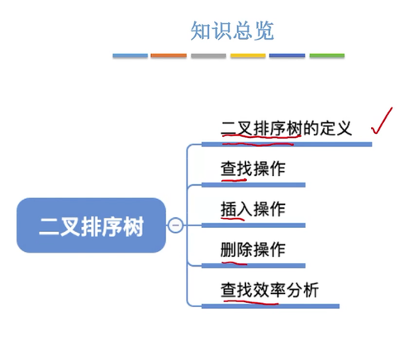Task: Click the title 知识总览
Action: [232, 31]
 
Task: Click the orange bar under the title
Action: [169, 55]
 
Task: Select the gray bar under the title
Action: [208, 55]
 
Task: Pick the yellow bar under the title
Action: [248, 55]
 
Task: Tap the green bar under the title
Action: [327, 55]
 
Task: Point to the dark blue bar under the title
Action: [287, 55]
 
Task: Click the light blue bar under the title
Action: [131, 55]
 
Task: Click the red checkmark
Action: [382, 121]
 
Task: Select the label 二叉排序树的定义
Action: [287, 128]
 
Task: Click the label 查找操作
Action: [253, 168]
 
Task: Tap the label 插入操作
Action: [253, 209]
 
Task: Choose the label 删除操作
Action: [253, 249]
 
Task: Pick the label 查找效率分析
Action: [269, 290]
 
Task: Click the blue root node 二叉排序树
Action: [91, 225]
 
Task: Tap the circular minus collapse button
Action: [175, 225]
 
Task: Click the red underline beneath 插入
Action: [233, 219]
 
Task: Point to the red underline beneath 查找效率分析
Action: [251, 303]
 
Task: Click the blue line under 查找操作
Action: [254, 185]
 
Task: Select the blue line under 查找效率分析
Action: [270, 306]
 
